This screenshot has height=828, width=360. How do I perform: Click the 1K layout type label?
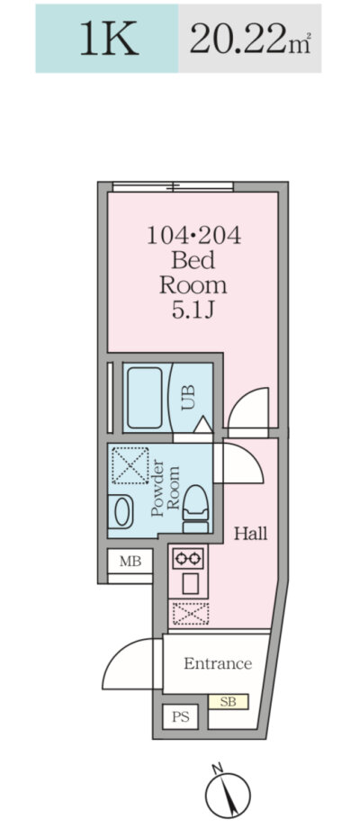pos(109,38)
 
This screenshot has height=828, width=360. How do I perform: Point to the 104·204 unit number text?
pos(193,236)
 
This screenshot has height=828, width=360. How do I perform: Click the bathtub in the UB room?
pos(145,398)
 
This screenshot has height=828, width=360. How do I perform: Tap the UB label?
pos(188,398)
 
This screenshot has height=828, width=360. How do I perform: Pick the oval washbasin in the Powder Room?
pos(122,512)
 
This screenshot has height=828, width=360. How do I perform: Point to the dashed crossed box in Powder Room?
pos(130,465)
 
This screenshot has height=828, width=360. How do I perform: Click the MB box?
pos(130,562)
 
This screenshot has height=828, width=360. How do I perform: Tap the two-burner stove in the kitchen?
pos(188,558)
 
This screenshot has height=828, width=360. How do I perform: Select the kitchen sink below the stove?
pos(188,584)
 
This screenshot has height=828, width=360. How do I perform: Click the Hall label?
pos(251,534)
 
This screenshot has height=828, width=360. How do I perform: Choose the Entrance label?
pos(218,663)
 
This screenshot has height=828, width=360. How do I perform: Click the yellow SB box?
pos(228,702)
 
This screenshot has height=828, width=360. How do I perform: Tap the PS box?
pos(180,717)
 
